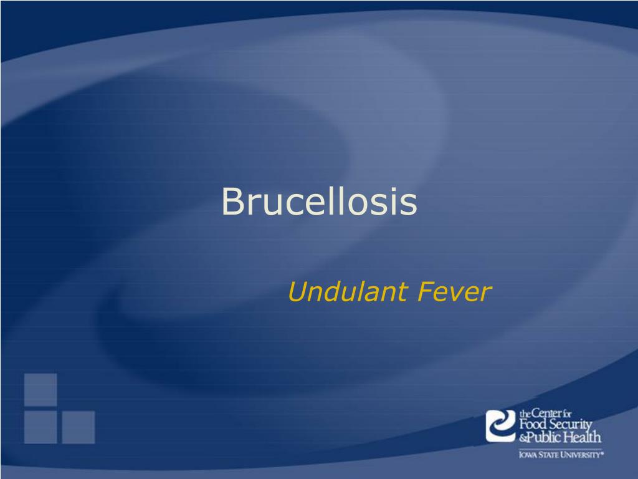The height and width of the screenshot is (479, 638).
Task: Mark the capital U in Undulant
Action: coord(297,292)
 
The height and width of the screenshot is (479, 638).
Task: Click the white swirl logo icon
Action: coord(500,425)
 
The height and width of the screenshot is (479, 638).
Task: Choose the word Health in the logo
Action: coord(584,437)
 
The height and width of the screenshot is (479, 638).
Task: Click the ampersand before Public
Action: coord(523,438)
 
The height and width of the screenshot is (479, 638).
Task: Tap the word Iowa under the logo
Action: coord(527,456)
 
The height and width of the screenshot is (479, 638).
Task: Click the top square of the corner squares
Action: coord(40,389)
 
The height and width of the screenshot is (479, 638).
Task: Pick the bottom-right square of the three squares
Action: coord(78,427)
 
